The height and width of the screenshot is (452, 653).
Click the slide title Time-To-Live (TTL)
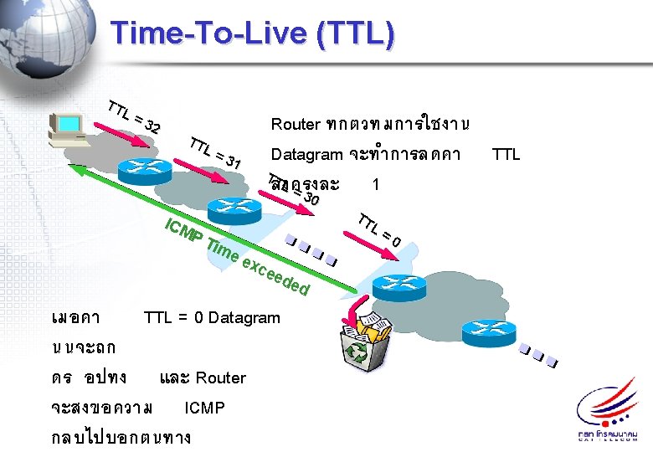click(251, 33)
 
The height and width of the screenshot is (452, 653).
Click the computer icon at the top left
click(68, 130)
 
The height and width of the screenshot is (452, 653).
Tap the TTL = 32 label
click(133, 117)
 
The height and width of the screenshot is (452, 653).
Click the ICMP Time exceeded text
click(238, 255)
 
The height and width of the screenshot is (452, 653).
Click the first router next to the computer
click(144, 170)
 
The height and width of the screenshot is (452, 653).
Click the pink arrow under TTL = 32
click(123, 137)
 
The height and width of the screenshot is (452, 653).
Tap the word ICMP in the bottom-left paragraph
click(204, 408)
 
